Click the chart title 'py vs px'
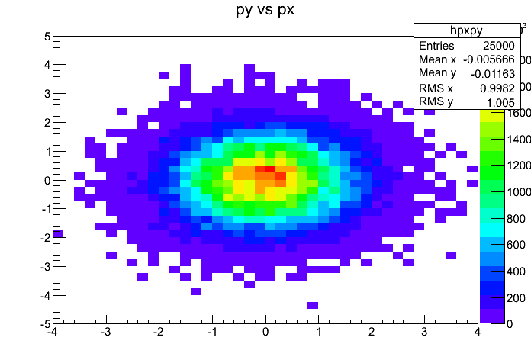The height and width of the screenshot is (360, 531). click(265, 11)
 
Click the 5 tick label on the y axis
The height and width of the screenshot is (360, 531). click(47, 37)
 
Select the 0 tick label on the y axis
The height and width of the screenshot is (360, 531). click(47, 180)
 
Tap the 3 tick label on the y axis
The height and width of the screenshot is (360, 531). click(47, 94)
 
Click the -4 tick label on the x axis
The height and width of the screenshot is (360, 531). click(51, 333)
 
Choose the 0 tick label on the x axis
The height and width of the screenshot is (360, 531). click(265, 333)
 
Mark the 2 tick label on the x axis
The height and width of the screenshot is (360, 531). click(371, 333)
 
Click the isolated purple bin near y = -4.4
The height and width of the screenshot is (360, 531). click(313, 305)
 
